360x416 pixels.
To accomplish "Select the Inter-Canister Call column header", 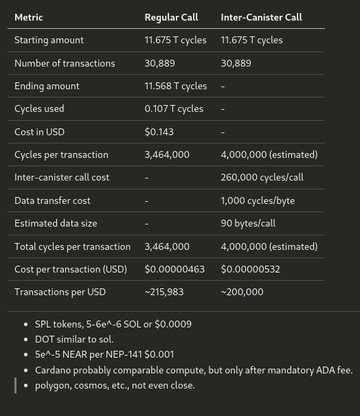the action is [x=261, y=17].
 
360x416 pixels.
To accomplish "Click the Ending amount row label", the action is [x=47, y=86].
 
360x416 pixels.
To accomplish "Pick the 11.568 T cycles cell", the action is [x=175, y=86].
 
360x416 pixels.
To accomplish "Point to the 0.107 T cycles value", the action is [x=174, y=108].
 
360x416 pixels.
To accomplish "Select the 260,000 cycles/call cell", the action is [x=262, y=177].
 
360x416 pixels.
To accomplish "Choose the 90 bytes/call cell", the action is [x=248, y=223].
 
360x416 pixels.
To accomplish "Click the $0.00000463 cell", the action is [x=175, y=269].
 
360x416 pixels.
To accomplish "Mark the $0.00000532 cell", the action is [x=250, y=269].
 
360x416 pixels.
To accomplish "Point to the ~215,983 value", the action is [x=164, y=292].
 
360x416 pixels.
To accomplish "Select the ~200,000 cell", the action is [x=242, y=292].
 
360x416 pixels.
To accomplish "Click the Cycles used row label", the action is [x=39, y=108].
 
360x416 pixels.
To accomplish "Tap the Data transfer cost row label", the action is [x=52, y=200].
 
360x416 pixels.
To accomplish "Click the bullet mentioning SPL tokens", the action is [x=113, y=324].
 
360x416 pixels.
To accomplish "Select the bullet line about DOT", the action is [x=74, y=339].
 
